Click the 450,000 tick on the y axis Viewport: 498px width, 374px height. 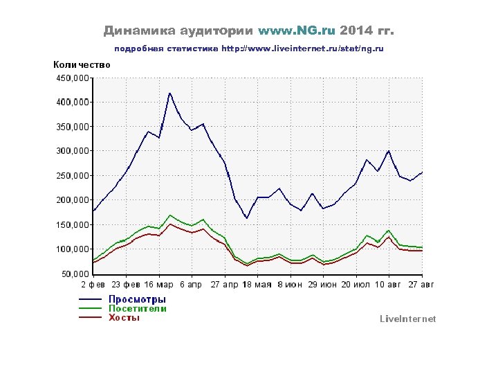point(72,78)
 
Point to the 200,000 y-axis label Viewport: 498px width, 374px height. point(72,200)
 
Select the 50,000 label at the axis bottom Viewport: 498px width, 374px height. point(75,274)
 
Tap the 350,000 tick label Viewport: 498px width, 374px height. point(72,127)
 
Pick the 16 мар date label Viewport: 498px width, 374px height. point(160,285)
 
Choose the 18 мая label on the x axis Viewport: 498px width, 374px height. point(258,285)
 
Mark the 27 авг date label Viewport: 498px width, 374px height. point(422,285)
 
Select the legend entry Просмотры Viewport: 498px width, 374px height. point(137,299)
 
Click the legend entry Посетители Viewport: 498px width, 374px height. point(138,309)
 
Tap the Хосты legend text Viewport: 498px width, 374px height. point(124,318)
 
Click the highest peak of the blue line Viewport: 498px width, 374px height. point(169,93)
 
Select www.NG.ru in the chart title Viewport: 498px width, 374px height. point(296,31)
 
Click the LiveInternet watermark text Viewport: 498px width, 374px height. point(407,319)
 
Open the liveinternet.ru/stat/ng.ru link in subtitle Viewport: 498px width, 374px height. point(302,49)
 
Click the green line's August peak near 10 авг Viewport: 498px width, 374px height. point(389,231)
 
